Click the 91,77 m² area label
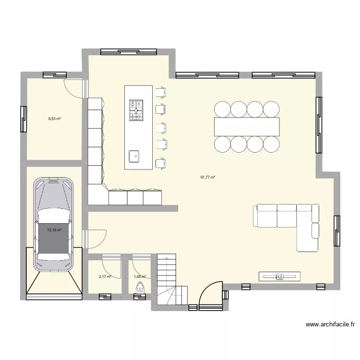click(x=207, y=177)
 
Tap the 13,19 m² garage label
click(x=54, y=230)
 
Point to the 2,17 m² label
click(x=105, y=276)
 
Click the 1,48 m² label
click(x=139, y=276)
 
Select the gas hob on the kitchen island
click(x=136, y=110)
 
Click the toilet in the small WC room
click(x=141, y=289)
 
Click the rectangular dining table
click(x=247, y=126)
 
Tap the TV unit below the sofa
click(x=280, y=276)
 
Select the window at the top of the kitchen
click(x=128, y=51)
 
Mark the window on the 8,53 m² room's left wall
click(x=24, y=119)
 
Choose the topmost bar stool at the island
click(x=161, y=92)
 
